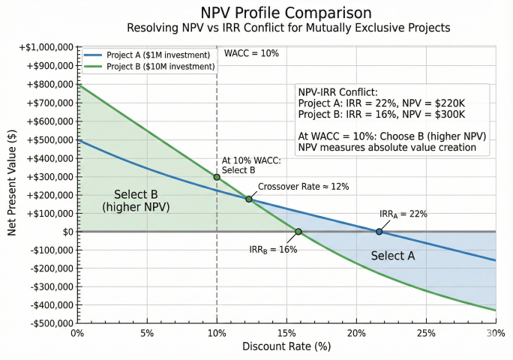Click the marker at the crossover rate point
(249, 199)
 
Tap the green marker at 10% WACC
(217, 177)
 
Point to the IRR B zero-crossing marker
(298, 232)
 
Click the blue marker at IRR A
(379, 232)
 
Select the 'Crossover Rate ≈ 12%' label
(303, 186)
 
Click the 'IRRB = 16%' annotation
(273, 249)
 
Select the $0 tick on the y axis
(66, 232)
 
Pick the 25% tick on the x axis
(425, 333)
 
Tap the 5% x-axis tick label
(147, 333)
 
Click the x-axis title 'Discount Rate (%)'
(286, 346)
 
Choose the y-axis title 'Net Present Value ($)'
(12, 184)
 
